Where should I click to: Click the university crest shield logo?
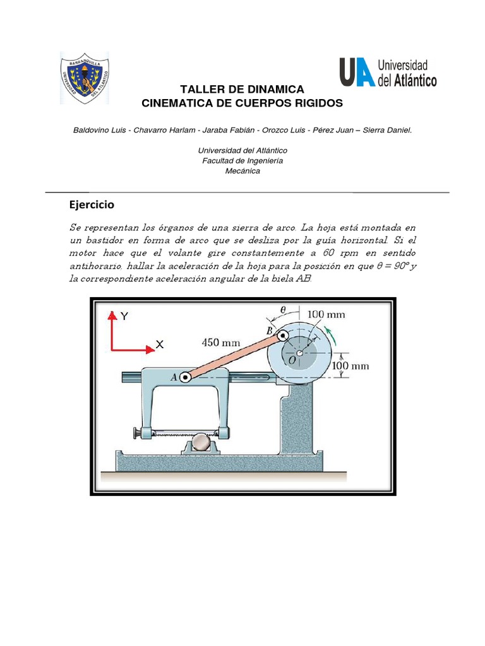click(84, 78)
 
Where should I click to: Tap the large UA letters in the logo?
click(356, 72)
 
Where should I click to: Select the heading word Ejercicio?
click(92, 205)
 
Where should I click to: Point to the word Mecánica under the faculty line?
click(242, 170)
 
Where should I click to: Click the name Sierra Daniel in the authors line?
click(386, 129)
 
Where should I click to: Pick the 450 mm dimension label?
click(221, 343)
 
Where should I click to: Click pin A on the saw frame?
click(185, 377)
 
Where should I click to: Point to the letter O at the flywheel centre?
click(292, 359)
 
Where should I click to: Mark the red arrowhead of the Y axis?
click(112, 315)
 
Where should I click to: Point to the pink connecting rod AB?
click(234, 358)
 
